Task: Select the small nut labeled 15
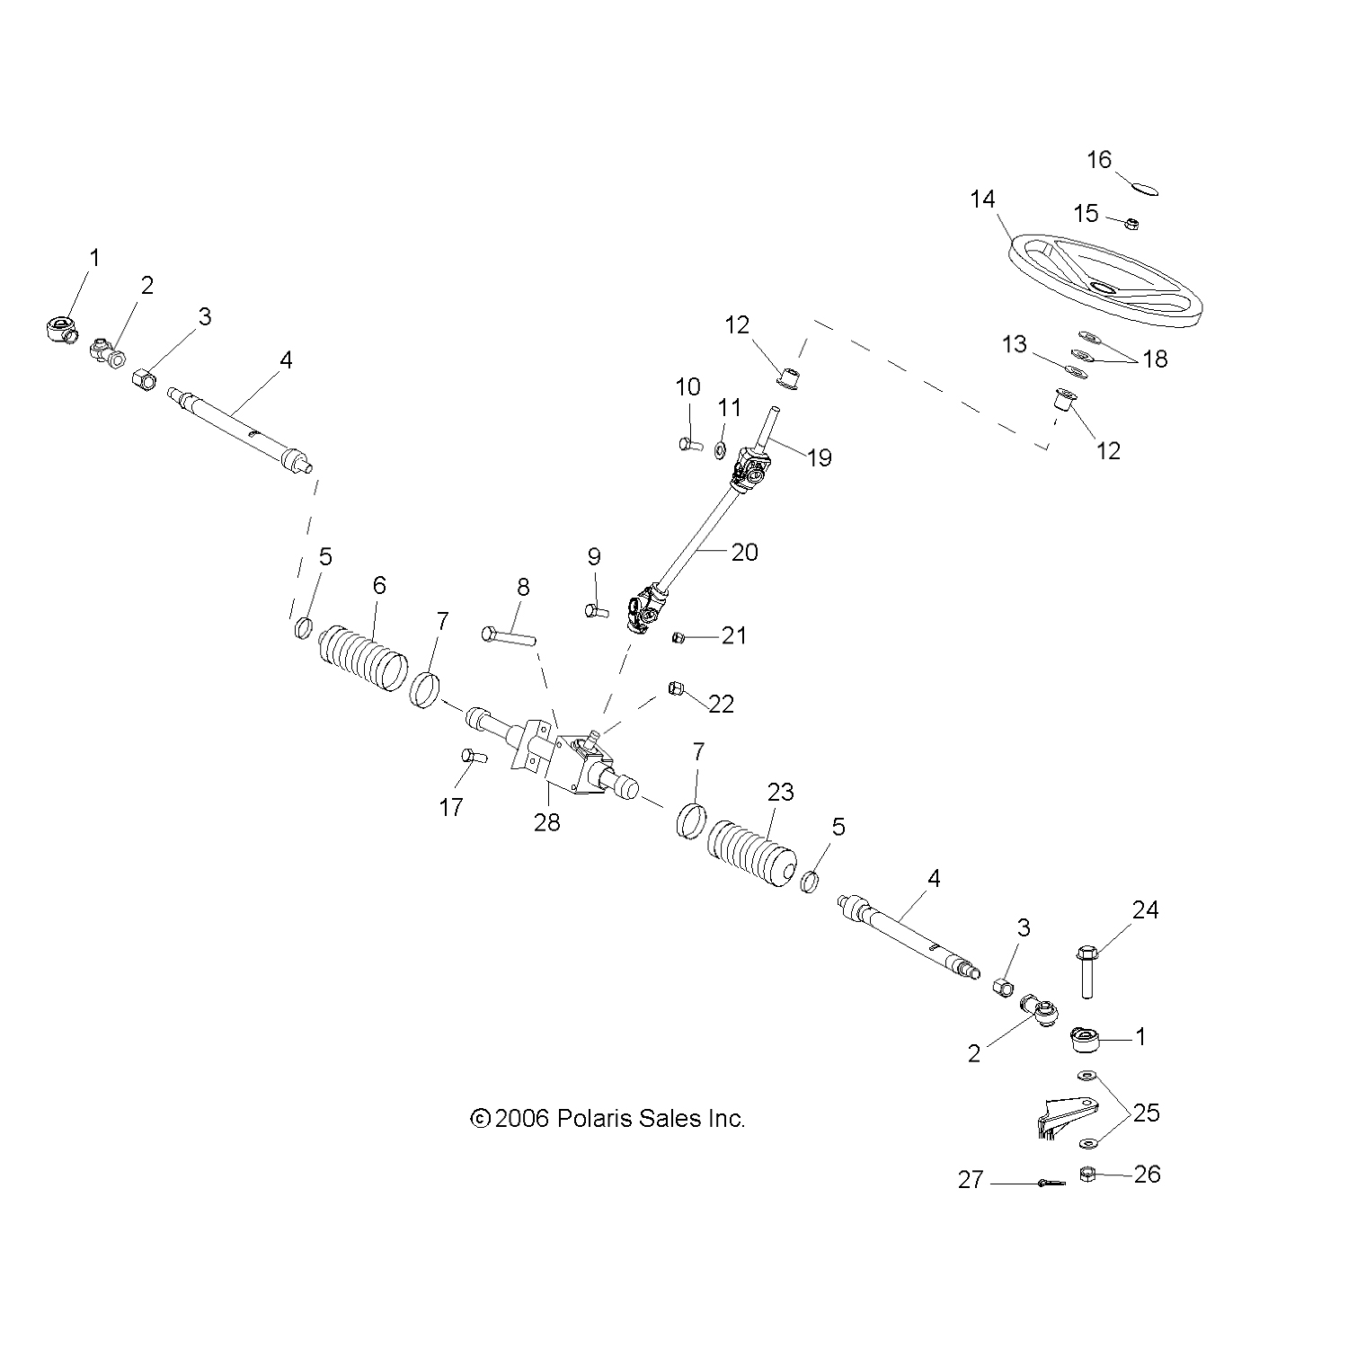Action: click(1133, 222)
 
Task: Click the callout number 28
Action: click(546, 821)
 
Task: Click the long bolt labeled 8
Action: click(509, 636)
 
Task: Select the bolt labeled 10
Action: click(689, 442)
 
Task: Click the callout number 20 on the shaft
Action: click(745, 551)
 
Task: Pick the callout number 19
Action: click(819, 457)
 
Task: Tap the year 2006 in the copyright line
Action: click(521, 1119)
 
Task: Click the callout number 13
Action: click(1014, 344)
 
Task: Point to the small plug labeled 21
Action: click(680, 638)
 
